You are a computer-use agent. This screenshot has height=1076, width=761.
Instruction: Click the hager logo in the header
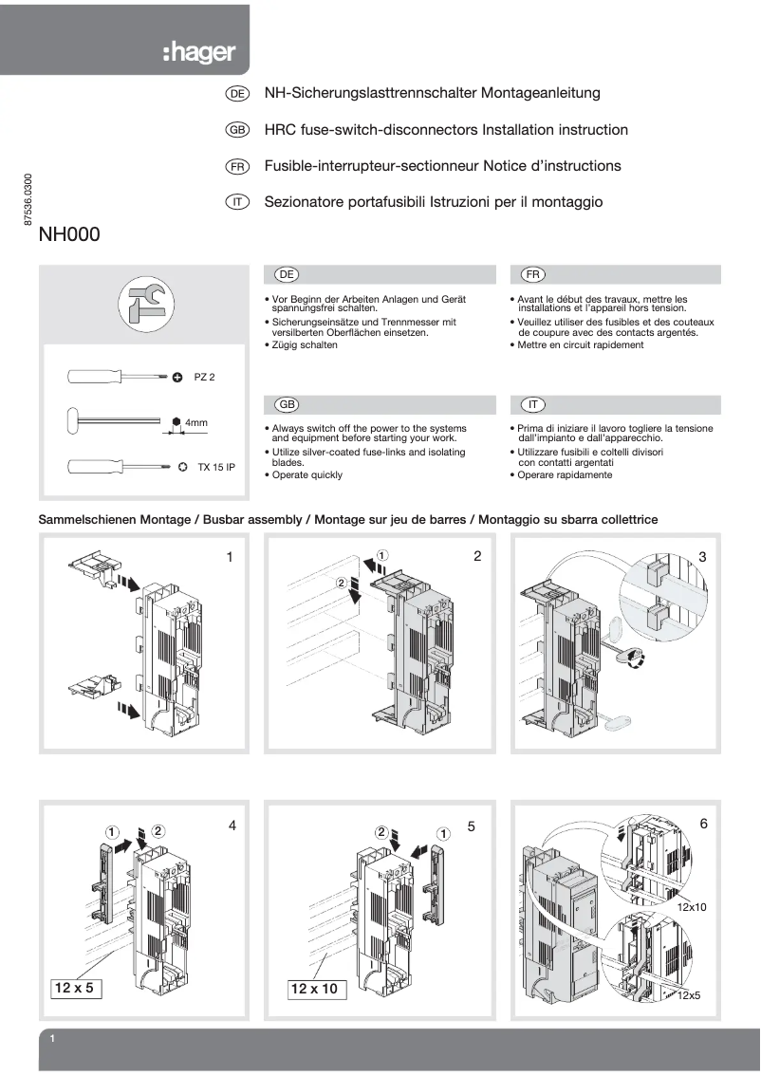tap(198, 53)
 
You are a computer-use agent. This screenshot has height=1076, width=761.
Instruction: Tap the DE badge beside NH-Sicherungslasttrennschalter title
tap(237, 94)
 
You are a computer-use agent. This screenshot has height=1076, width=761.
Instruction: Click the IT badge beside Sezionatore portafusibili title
tap(237, 202)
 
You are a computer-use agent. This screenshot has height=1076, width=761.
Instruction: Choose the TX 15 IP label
tap(215, 467)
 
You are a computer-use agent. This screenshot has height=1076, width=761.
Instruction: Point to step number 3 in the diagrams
tap(702, 556)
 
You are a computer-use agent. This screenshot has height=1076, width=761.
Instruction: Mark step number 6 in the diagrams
tap(703, 825)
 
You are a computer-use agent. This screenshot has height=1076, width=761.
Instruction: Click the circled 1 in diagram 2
tap(380, 553)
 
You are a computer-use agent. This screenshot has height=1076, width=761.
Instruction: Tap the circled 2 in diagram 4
tap(158, 830)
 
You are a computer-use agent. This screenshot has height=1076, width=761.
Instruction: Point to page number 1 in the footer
tap(53, 1041)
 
